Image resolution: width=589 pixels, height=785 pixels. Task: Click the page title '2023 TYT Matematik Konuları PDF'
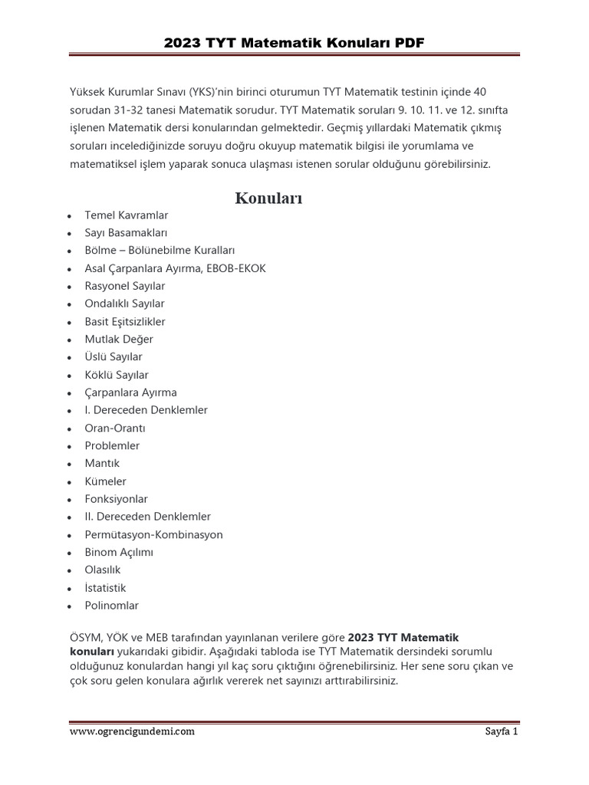pyautogui.click(x=294, y=42)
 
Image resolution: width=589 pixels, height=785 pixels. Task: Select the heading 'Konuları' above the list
pyautogui.click(x=268, y=199)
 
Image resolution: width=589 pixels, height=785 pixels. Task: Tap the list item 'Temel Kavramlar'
pyautogui.click(x=126, y=215)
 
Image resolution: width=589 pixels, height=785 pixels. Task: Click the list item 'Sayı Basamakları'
pyautogui.click(x=126, y=233)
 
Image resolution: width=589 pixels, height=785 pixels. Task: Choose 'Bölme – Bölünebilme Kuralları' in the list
pyautogui.click(x=160, y=251)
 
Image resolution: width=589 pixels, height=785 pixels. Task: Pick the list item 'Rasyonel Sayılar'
pyautogui.click(x=124, y=286)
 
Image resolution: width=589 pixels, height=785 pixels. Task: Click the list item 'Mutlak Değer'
pyautogui.click(x=119, y=339)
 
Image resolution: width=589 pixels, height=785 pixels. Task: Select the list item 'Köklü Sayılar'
pyautogui.click(x=117, y=375)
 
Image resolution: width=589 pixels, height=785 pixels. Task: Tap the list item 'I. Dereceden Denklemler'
pyautogui.click(x=146, y=410)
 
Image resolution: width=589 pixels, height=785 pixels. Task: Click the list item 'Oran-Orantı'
pyautogui.click(x=115, y=428)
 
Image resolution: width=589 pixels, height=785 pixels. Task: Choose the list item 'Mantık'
pyautogui.click(x=102, y=464)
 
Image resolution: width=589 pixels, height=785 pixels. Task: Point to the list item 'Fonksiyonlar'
pyautogui.click(x=116, y=499)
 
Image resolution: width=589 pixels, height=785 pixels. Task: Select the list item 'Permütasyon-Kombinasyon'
pyautogui.click(x=153, y=534)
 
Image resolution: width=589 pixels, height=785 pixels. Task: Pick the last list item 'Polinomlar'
pyautogui.click(x=112, y=606)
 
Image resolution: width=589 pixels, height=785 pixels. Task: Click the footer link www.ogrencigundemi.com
pyautogui.click(x=132, y=731)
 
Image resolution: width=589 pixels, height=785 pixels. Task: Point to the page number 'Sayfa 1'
pyautogui.click(x=502, y=731)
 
